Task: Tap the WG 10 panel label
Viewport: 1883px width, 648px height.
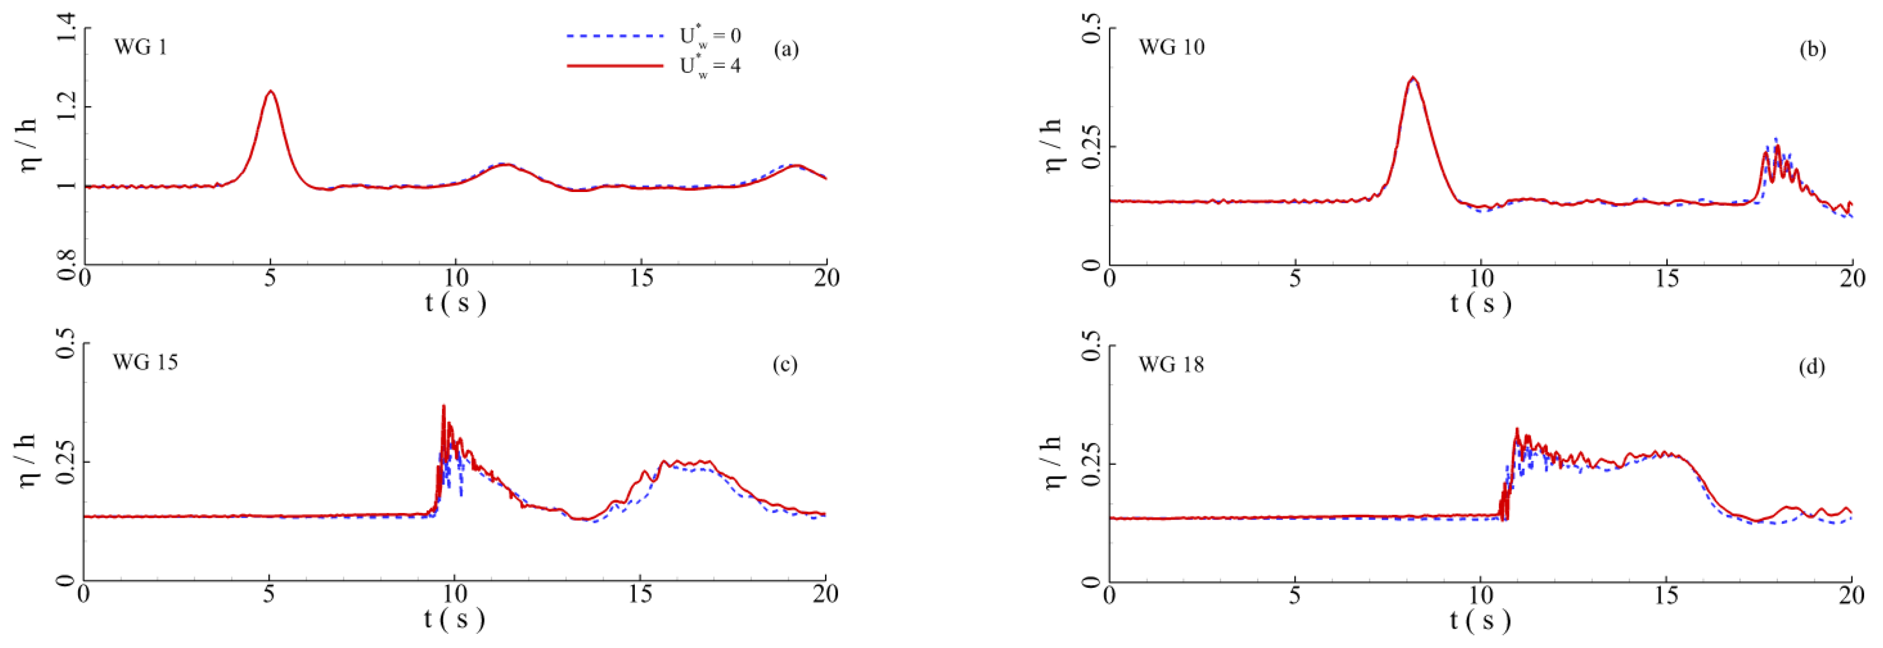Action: [1171, 48]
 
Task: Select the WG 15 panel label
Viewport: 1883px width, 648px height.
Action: [145, 362]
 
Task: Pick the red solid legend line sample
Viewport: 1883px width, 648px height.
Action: [615, 66]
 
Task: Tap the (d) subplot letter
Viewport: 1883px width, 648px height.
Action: [1811, 367]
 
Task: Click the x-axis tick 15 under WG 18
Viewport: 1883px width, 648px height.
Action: [1667, 595]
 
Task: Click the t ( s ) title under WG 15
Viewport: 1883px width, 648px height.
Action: [455, 619]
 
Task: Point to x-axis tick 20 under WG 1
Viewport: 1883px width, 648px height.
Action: [826, 278]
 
